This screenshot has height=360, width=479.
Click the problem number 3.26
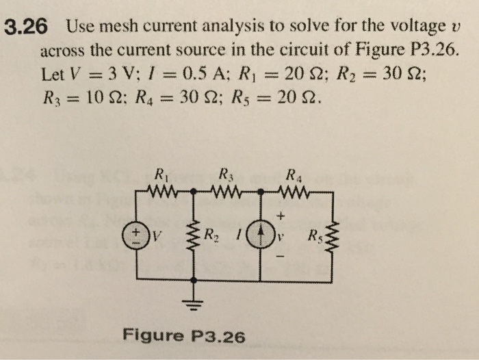[x=25, y=27]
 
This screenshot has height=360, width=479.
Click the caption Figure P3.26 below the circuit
[x=183, y=335]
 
